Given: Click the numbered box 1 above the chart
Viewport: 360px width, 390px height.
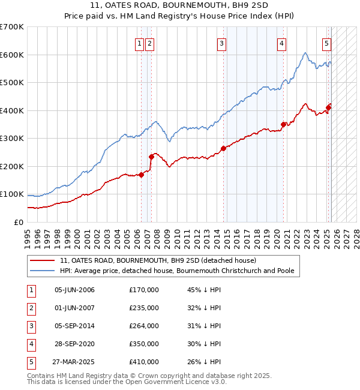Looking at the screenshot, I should pos(139,43).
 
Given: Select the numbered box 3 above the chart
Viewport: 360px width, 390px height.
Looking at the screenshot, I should pos(221,43).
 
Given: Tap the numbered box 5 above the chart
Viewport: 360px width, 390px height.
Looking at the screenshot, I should pos(326,43).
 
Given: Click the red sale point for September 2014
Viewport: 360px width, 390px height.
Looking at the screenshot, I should pos(223,148).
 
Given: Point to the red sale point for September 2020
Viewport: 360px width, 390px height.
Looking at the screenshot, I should pos(283,125).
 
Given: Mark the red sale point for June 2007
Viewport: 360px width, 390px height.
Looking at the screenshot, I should pos(151,157).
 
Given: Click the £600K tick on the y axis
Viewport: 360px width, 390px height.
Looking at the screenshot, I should pos(12,55).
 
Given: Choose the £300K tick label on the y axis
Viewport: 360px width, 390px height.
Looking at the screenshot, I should pos(12,138).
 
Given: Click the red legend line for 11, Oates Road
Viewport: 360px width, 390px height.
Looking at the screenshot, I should pos(43,260).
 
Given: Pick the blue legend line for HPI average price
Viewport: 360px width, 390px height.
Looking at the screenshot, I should pos(43,271).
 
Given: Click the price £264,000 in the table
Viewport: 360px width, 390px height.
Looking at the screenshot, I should pos(144,325).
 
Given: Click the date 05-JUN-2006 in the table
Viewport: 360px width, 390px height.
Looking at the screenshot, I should pos(74,290).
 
